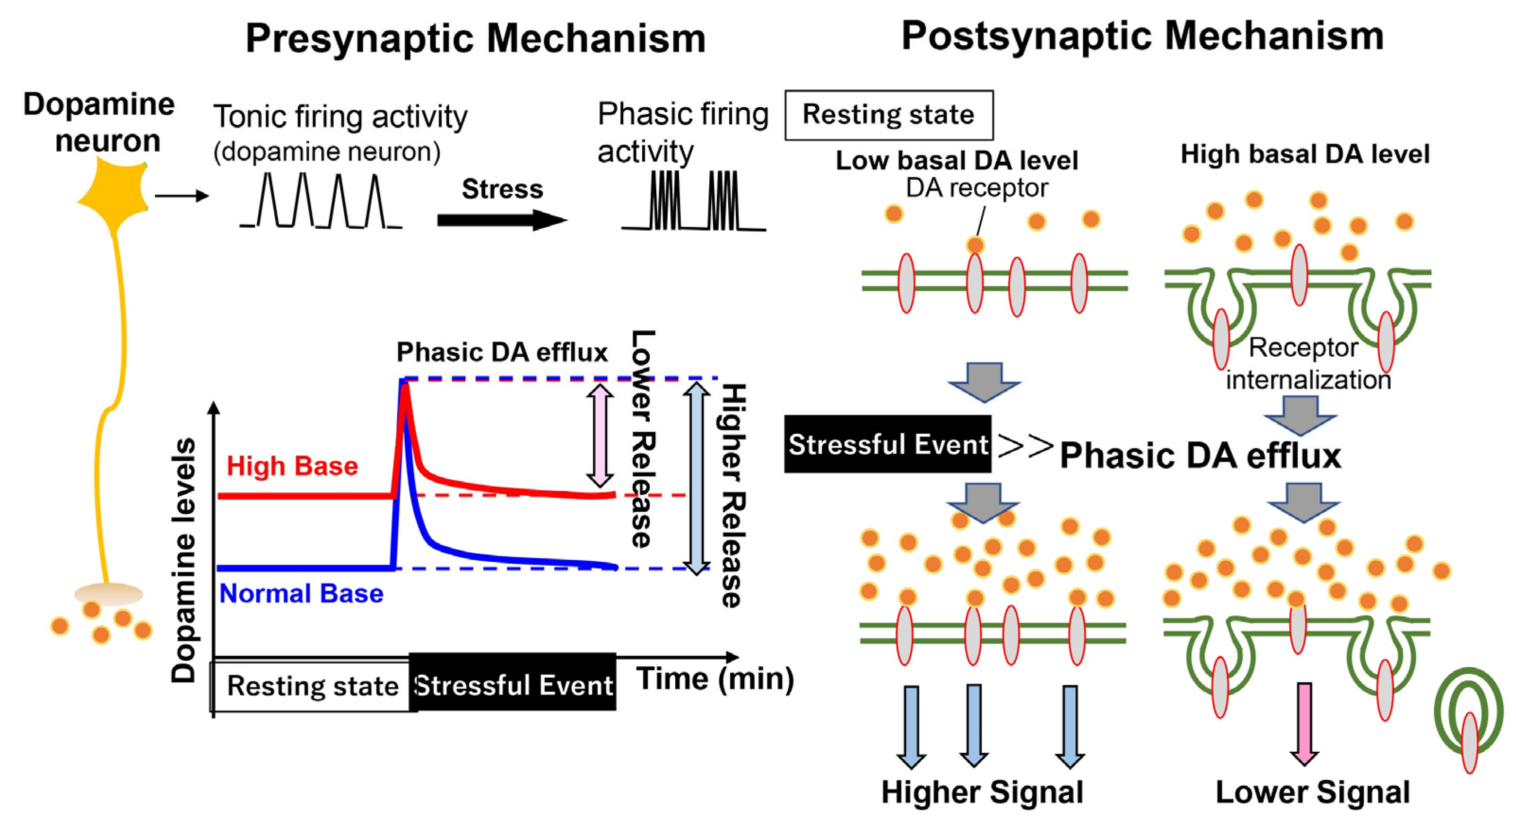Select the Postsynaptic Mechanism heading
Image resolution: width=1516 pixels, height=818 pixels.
click(x=1141, y=36)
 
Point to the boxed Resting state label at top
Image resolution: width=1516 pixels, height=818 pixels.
click(x=889, y=115)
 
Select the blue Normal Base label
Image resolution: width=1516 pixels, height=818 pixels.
click(x=301, y=594)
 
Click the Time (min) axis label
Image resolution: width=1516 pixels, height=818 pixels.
click(x=714, y=679)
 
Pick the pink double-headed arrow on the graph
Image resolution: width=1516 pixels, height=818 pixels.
click(x=600, y=435)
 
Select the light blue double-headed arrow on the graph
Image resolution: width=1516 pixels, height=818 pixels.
click(x=697, y=477)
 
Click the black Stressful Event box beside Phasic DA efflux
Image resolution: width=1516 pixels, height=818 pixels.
click(x=888, y=444)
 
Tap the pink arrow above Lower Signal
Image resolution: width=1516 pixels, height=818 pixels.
click(x=1304, y=723)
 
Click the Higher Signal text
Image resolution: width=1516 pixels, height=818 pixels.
click(x=982, y=792)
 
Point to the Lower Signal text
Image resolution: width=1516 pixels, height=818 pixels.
click(x=1312, y=792)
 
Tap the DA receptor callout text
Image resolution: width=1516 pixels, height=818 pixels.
click(x=976, y=188)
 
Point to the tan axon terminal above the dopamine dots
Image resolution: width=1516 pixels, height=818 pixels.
click(x=108, y=594)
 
